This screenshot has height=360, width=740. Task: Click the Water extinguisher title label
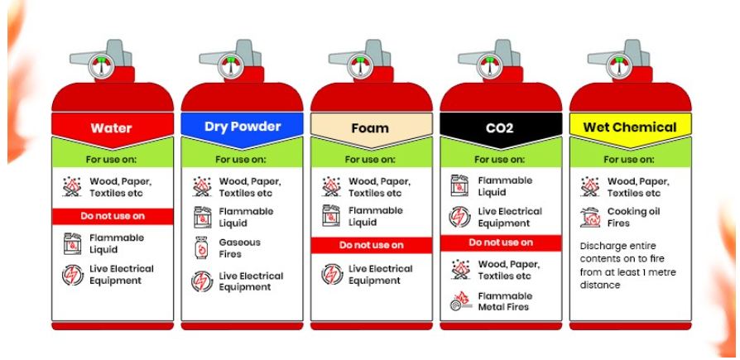click(112, 128)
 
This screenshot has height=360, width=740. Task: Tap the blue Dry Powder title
click(243, 127)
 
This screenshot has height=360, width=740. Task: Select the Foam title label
click(370, 128)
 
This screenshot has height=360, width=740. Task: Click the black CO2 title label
click(499, 128)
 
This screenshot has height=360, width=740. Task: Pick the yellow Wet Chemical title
click(630, 127)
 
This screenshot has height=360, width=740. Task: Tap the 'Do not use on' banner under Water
click(113, 216)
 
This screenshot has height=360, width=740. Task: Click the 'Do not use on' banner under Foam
click(372, 245)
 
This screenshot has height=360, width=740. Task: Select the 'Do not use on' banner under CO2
click(501, 243)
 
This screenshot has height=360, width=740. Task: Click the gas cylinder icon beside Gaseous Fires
click(201, 247)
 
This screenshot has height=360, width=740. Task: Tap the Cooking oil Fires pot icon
click(590, 218)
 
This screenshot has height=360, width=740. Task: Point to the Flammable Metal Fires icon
click(461, 301)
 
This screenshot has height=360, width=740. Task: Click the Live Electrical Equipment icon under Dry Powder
click(202, 281)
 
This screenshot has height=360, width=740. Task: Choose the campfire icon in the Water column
click(72, 187)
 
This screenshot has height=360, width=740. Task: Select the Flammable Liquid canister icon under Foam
click(331, 215)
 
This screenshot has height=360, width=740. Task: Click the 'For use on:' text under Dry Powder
click(241, 160)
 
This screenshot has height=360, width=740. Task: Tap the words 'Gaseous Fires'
click(240, 248)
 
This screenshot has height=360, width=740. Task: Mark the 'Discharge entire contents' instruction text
click(627, 266)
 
